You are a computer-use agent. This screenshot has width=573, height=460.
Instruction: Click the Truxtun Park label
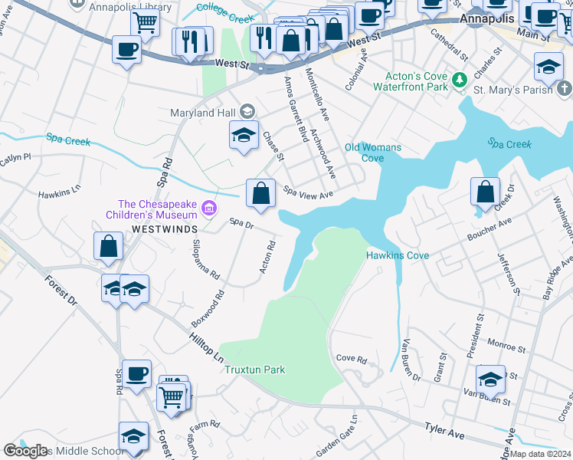point(254,370)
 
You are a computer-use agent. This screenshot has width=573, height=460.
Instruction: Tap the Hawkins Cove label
point(397,255)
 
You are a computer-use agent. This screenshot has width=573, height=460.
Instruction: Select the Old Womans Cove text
point(364,153)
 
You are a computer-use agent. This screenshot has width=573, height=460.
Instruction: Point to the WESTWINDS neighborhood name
point(164,229)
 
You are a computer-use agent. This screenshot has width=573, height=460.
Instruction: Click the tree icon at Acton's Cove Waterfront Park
point(460,80)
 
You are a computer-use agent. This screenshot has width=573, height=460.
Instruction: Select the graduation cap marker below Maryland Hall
point(244,136)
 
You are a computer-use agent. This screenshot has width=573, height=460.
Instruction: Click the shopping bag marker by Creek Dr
point(486,192)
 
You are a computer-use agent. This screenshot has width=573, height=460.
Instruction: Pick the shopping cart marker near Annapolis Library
point(145,24)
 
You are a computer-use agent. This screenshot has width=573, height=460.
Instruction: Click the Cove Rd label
point(352,359)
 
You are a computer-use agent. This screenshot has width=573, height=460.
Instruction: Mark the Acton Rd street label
point(269,257)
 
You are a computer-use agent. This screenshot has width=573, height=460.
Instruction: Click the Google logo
point(25,451)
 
